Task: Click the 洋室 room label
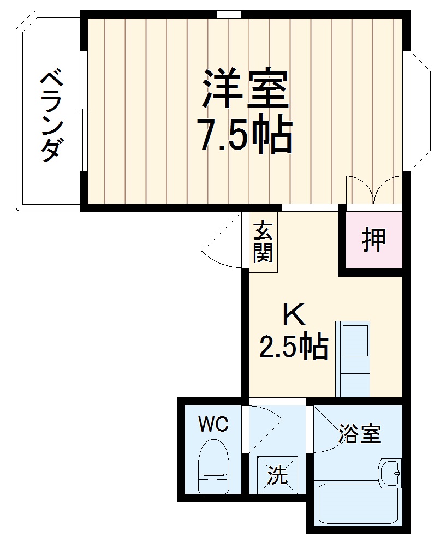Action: [x=245, y=90]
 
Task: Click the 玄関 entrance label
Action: [x=263, y=243]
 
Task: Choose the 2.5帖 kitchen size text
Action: [x=293, y=346]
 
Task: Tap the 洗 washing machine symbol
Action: [x=278, y=475]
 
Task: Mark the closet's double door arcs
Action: [x=374, y=190]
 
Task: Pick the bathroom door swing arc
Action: [x=328, y=434]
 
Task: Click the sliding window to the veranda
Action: [x=83, y=111]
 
